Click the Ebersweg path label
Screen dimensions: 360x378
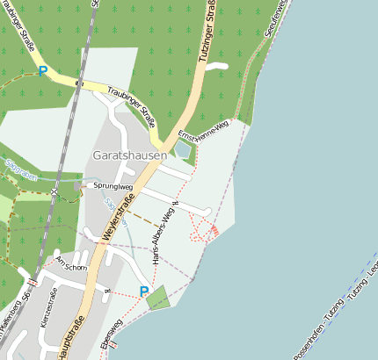(x=110, y=335)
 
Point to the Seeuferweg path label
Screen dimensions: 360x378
(x=274, y=18)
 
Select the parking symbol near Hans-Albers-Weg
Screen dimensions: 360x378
(x=144, y=292)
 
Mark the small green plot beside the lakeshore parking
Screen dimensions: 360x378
(x=156, y=299)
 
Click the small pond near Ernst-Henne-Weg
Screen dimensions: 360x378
(x=182, y=150)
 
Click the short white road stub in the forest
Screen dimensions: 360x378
(x=215, y=65)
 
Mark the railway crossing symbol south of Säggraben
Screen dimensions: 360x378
(x=54, y=190)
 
